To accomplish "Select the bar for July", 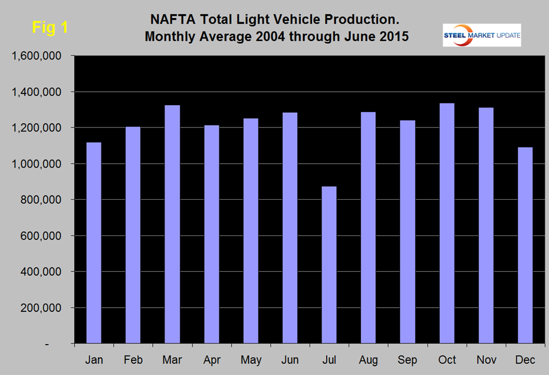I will coord(329,265).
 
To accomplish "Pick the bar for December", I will coord(525,245).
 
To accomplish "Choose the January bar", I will coord(93,243).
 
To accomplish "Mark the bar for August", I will coord(368,228).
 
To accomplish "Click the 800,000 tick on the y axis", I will coord(44,200).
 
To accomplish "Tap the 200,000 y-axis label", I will coord(44,308).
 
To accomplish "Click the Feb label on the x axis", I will coord(133,360).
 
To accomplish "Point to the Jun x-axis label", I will coord(290,360).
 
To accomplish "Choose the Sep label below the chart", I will coord(407,360).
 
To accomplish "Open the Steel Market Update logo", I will coord(482,35).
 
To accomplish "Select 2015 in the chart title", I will coord(389,36).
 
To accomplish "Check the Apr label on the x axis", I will coord(211,360).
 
